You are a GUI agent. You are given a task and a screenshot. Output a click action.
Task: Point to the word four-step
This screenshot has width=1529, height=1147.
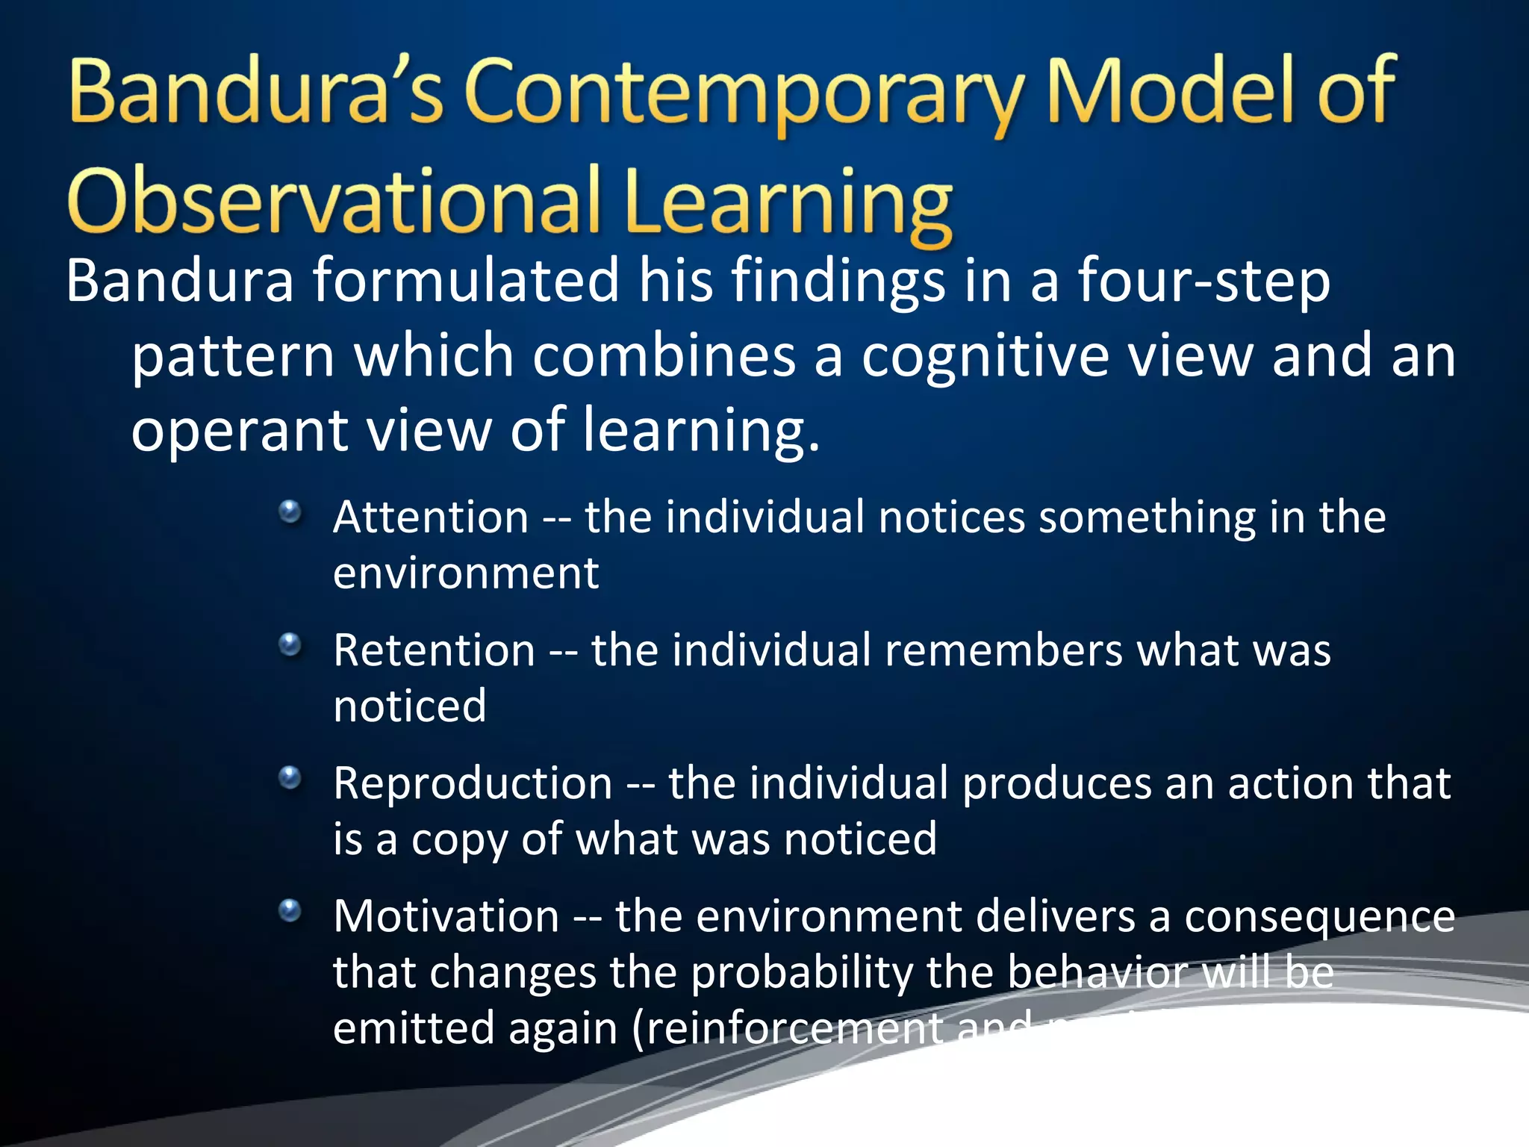point(1203,282)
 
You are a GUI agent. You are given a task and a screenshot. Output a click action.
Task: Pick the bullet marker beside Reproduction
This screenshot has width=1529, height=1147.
point(290,778)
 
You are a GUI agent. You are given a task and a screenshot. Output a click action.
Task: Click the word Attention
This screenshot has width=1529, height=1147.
point(431,517)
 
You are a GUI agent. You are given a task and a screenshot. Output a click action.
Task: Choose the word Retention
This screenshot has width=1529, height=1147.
point(434,650)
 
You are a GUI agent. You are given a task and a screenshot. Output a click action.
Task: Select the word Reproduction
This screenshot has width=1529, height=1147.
point(473,783)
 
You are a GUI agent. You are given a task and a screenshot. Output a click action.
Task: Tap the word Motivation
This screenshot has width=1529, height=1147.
point(446,916)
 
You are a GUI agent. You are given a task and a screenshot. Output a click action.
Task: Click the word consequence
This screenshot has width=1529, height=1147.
point(1319,916)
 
